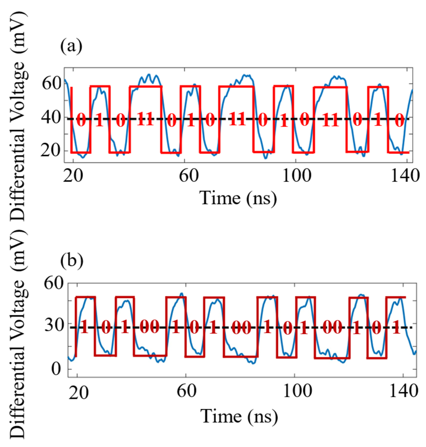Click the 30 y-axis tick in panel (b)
tap(54, 325)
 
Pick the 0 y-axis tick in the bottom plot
tap(56, 369)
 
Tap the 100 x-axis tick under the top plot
tap(296, 176)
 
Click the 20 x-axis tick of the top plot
tap(73, 176)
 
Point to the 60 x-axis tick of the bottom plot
tap(186, 391)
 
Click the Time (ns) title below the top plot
tap(238, 198)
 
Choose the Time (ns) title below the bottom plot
tap(239, 416)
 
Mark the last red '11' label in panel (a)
tap(330, 120)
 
